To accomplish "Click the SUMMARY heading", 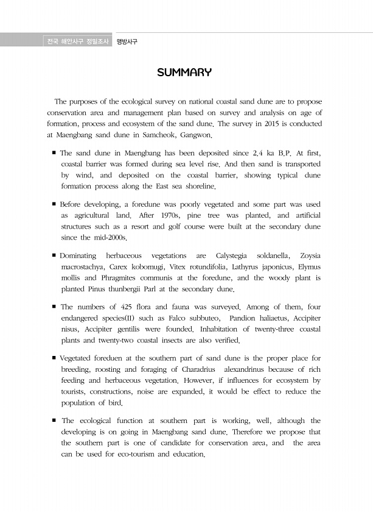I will pyautogui.click(x=184, y=73).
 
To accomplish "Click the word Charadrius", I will pyautogui.click(x=205, y=369).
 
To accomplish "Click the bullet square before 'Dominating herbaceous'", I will pyautogui.click(x=55, y=255).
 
